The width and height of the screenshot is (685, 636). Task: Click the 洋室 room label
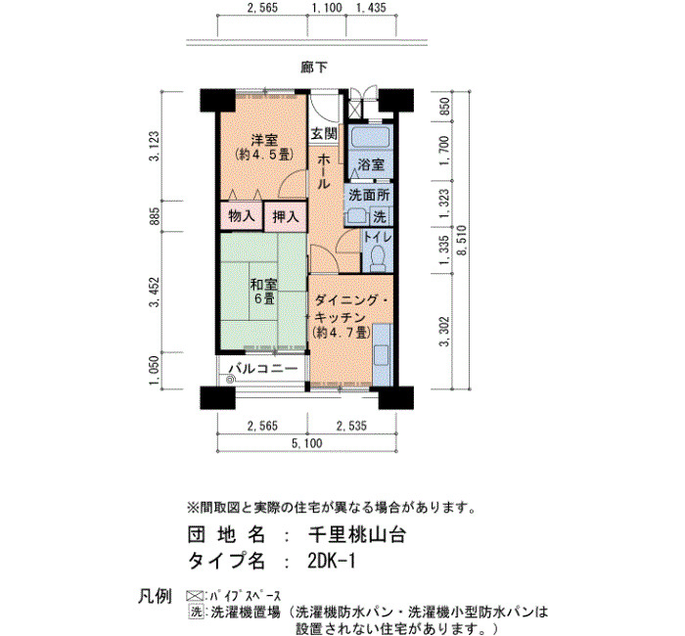coord(264,140)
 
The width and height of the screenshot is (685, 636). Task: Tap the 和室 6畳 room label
coord(263,292)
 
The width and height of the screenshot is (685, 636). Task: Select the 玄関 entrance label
coord(324,134)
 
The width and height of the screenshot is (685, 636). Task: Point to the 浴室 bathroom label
coord(371,164)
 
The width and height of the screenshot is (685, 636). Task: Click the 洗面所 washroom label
coord(369,195)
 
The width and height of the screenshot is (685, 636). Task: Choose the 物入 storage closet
coord(242,216)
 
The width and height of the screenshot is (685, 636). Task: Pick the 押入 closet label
coord(286,216)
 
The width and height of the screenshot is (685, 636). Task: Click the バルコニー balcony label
coord(263,369)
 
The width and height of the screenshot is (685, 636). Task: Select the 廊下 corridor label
coord(314,68)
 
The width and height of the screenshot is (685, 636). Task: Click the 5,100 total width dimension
coord(306,443)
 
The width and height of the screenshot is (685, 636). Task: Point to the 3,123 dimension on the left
coord(155,146)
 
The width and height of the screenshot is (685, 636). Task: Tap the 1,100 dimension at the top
coord(327,8)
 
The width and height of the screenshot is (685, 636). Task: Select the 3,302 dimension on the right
coord(444,332)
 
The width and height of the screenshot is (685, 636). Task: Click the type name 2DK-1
coord(332,562)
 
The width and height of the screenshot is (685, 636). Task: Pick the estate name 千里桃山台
coord(357,534)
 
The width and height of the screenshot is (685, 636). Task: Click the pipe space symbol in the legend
coord(195,596)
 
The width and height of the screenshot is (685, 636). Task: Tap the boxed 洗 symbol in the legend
coord(197,612)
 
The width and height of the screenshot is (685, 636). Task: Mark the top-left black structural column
coord(217,100)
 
